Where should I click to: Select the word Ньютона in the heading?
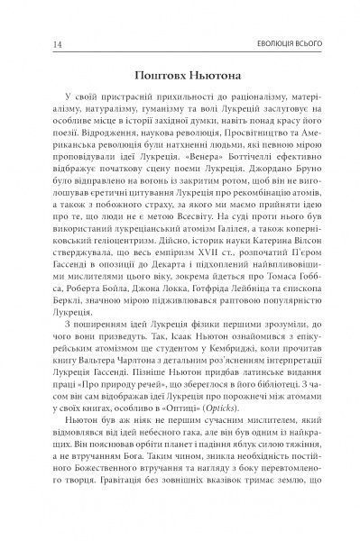click(213, 77)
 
